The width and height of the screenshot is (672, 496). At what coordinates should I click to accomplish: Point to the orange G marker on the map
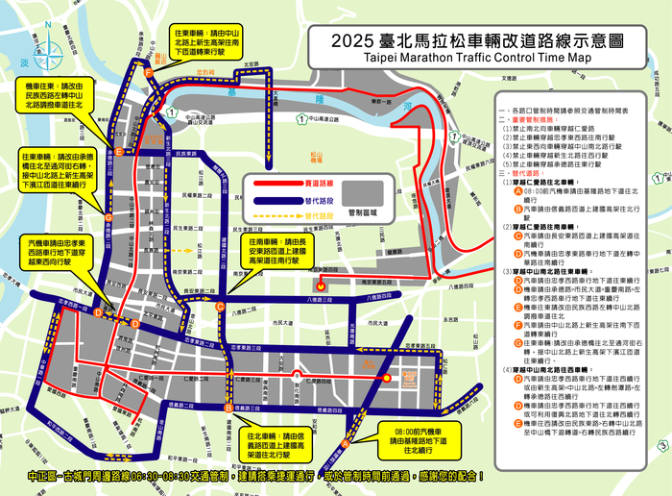[108, 218]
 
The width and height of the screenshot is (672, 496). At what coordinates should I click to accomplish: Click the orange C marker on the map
[220, 307]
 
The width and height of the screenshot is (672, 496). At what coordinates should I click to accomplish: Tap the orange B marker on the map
[228, 408]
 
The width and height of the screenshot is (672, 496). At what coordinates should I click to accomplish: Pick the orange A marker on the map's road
[346, 441]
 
